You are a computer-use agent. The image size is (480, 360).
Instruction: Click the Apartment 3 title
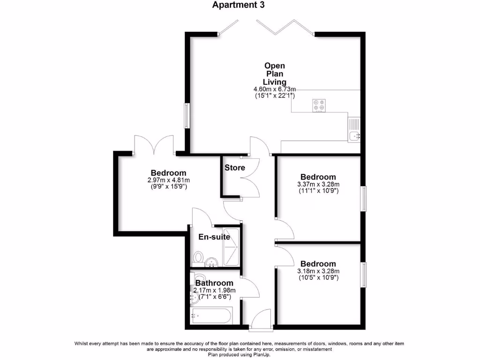tap(238, 5)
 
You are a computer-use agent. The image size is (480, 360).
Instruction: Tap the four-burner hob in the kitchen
tap(319, 106)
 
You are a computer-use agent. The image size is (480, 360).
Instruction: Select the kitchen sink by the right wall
tap(354, 130)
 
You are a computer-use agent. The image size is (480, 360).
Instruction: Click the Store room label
tap(234, 168)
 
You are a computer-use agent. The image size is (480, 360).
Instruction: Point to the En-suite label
tap(214, 237)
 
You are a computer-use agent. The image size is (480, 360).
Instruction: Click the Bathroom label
tap(214, 283)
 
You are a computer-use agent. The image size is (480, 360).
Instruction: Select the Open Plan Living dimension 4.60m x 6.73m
tap(274, 89)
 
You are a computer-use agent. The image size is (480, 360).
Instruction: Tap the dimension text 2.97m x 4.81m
tap(168, 180)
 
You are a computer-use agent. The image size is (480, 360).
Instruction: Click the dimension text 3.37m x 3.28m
tap(318, 184)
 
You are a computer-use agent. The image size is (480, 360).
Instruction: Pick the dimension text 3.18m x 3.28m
tap(318, 271)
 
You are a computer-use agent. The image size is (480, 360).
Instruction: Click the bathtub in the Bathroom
tap(211, 316)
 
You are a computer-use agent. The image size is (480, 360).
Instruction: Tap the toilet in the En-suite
tap(198, 257)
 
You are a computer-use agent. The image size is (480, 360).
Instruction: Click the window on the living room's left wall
tap(187, 115)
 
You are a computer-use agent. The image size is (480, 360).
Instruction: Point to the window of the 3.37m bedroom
tap(363, 199)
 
